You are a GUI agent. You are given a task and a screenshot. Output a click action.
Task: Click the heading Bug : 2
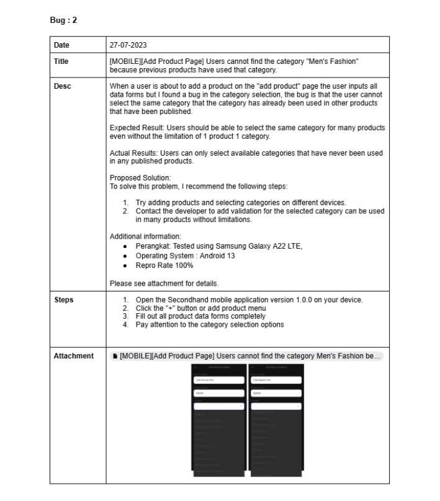pyautogui.click(x=63, y=20)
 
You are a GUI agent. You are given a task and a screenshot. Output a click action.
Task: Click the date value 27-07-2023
pyautogui.click(x=128, y=45)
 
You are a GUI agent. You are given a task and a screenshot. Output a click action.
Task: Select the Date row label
pyautogui.click(x=61, y=45)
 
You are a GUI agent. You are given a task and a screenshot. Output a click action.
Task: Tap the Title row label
pyautogui.click(x=61, y=61)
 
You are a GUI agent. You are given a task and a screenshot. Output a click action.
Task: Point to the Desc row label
pyautogui.click(x=62, y=86)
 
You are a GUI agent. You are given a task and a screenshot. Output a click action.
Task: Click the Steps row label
pyautogui.click(x=63, y=300)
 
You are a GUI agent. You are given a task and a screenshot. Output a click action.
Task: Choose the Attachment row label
pyautogui.click(x=73, y=356)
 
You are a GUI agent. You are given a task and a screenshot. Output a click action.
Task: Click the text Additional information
pyautogui.click(x=145, y=236)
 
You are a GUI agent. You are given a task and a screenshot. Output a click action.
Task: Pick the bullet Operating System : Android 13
pyautogui.click(x=185, y=255)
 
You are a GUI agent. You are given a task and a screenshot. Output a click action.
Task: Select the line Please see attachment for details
pyautogui.click(x=164, y=284)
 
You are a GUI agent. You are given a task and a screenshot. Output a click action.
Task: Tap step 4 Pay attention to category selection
pyautogui.click(x=210, y=324)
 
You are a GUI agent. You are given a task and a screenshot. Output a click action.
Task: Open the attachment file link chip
pyautogui.click(x=247, y=356)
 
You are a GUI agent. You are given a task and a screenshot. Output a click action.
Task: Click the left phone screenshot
pyautogui.click(x=218, y=420)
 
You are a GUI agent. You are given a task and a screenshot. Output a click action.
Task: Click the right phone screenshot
pyautogui.click(x=276, y=420)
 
